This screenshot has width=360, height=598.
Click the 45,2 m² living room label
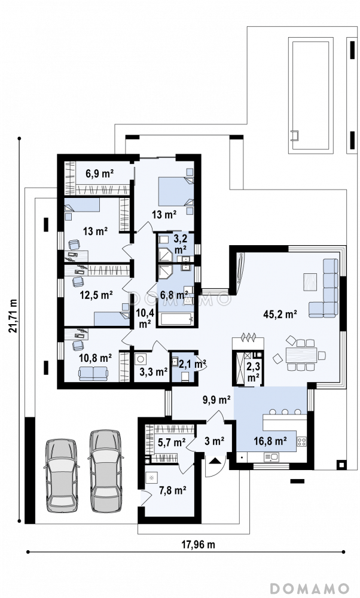click(x=280, y=314)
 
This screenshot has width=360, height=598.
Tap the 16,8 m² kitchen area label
click(x=270, y=441)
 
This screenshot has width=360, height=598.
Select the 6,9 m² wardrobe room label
click(x=100, y=174)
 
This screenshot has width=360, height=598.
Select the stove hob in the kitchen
click(x=301, y=442)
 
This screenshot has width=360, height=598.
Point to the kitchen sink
click(x=270, y=456)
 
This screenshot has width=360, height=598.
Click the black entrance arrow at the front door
click(x=214, y=460)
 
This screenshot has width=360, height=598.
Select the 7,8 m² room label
click(x=172, y=490)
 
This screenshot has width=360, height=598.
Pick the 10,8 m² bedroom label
click(x=95, y=358)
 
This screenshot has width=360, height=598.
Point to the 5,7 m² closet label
click(x=172, y=443)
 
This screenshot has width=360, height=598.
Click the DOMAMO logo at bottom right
click(x=310, y=587)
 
